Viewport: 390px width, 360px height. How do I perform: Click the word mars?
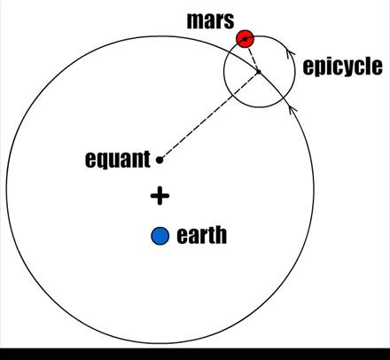pyautogui.click(x=210, y=20)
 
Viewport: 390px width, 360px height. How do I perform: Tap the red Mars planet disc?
pyautogui.click(x=245, y=39)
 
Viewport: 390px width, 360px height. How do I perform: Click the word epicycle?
pyautogui.click(x=342, y=67)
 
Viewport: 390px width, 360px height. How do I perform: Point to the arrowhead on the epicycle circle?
pyautogui.click(x=291, y=54)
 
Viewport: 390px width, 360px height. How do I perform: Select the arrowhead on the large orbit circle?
pyautogui.click(x=292, y=109)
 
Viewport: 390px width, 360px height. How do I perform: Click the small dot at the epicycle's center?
pyautogui.click(x=259, y=72)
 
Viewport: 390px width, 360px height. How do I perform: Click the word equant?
pyautogui.click(x=118, y=160)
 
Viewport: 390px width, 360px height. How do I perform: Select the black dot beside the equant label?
pyautogui.click(x=160, y=160)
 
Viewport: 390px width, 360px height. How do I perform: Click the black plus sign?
pyautogui.click(x=160, y=196)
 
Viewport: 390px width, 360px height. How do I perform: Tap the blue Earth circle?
pyautogui.click(x=160, y=236)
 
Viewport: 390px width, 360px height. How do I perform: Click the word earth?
pyautogui.click(x=202, y=235)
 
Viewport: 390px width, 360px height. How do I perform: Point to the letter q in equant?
pyautogui.click(x=102, y=161)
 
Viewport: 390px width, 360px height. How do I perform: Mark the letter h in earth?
pyautogui.click(x=222, y=235)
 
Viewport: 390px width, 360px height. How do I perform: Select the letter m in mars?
pyautogui.click(x=196, y=22)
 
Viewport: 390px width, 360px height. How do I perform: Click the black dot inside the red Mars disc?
pyautogui.click(x=245, y=39)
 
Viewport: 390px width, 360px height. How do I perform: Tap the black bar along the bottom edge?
pyautogui.click(x=195, y=354)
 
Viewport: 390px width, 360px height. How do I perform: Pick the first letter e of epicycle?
pyautogui.click(x=308, y=67)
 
